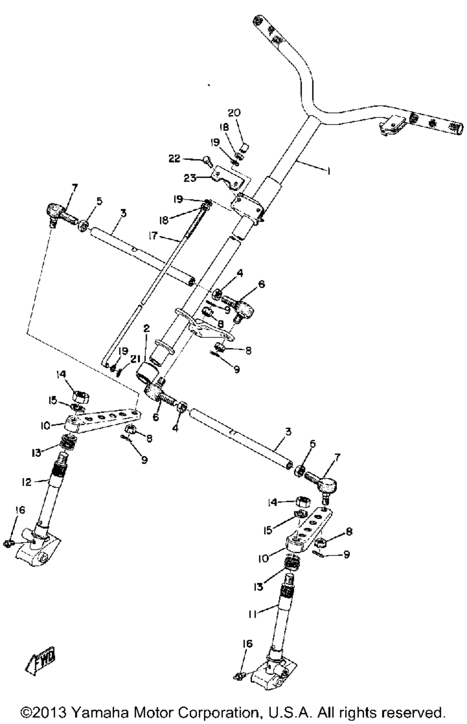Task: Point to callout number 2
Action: [147, 329]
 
